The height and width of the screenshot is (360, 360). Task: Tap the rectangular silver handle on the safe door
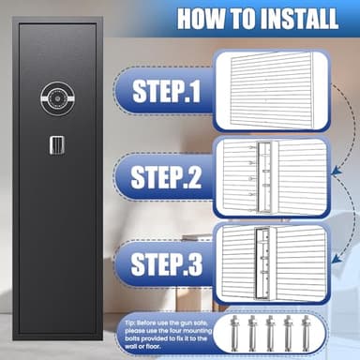tap(57, 145)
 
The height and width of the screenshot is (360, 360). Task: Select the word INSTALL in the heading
tap(299, 19)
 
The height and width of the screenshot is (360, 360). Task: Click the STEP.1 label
tap(166, 91)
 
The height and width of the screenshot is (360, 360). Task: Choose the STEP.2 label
tap(166, 177)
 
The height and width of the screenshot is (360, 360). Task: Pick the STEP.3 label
tap(167, 264)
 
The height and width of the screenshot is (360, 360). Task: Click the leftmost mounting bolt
tap(234, 333)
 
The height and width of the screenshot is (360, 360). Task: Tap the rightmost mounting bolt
tap(305, 333)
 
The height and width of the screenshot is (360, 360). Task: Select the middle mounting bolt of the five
tap(270, 333)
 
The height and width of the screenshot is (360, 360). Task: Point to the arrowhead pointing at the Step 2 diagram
tap(336, 171)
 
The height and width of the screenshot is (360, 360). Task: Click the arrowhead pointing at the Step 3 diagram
tap(336, 259)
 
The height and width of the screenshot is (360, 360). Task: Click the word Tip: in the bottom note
tap(130, 322)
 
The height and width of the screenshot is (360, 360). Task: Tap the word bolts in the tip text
tap(132, 338)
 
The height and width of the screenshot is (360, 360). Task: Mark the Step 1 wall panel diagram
tap(271, 91)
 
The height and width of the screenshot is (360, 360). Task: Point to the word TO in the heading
tap(243, 19)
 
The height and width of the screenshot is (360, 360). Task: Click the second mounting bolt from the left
tap(252, 333)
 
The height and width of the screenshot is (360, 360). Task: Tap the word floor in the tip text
tap(154, 347)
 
